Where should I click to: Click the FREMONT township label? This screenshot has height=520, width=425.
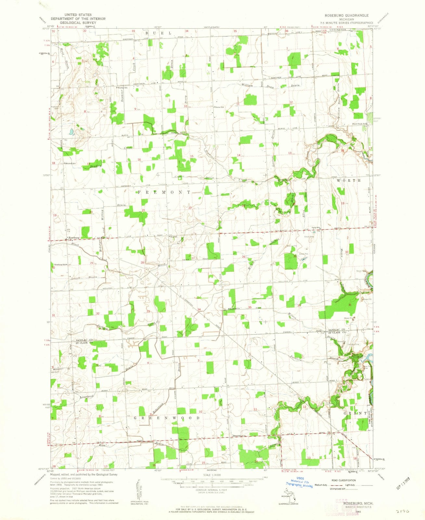point(164,192)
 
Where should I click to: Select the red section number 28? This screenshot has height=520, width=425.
point(142,262)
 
